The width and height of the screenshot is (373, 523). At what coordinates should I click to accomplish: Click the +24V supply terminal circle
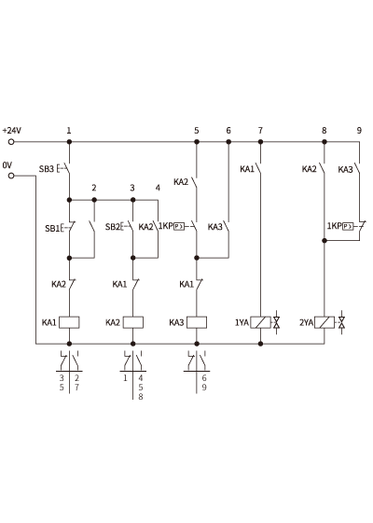(x=11, y=142)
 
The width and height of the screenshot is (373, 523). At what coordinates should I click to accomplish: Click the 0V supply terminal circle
(x=11, y=176)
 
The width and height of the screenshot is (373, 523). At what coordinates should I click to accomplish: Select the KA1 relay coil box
(x=69, y=322)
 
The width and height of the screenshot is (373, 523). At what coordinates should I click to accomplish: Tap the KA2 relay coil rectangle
(x=132, y=322)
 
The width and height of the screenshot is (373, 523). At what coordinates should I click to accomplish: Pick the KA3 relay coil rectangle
(x=197, y=322)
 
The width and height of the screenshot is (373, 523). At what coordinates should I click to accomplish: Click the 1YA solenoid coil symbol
(x=260, y=322)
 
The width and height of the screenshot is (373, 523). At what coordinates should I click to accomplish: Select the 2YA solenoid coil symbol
(x=325, y=322)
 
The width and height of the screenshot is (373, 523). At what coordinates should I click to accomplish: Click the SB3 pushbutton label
(x=47, y=169)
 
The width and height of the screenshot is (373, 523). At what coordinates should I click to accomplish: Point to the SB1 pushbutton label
(x=52, y=229)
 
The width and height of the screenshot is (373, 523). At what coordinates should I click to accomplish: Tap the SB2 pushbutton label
(x=112, y=227)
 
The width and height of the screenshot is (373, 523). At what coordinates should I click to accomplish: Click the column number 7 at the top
(x=260, y=131)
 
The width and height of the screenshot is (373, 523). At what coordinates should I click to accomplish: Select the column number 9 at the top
(x=359, y=131)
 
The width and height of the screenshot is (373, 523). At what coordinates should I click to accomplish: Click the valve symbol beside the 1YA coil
(x=276, y=322)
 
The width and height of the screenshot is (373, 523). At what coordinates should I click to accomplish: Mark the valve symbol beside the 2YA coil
(x=341, y=322)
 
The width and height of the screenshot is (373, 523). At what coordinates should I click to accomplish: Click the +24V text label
(x=12, y=130)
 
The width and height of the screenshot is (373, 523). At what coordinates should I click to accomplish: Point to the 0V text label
(x=7, y=165)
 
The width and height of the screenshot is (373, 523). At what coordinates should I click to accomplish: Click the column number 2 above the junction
(x=94, y=188)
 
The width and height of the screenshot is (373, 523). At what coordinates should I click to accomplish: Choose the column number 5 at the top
(x=197, y=131)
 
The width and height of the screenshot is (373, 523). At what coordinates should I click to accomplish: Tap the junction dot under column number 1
(x=69, y=142)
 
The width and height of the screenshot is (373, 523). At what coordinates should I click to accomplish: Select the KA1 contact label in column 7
(x=247, y=169)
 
